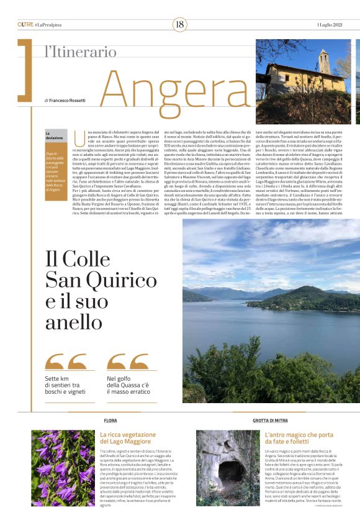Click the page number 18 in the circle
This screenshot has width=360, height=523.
[x=179, y=24]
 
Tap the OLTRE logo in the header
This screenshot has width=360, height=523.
[x=25, y=24]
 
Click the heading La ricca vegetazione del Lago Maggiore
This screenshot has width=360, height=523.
[x=129, y=438]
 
